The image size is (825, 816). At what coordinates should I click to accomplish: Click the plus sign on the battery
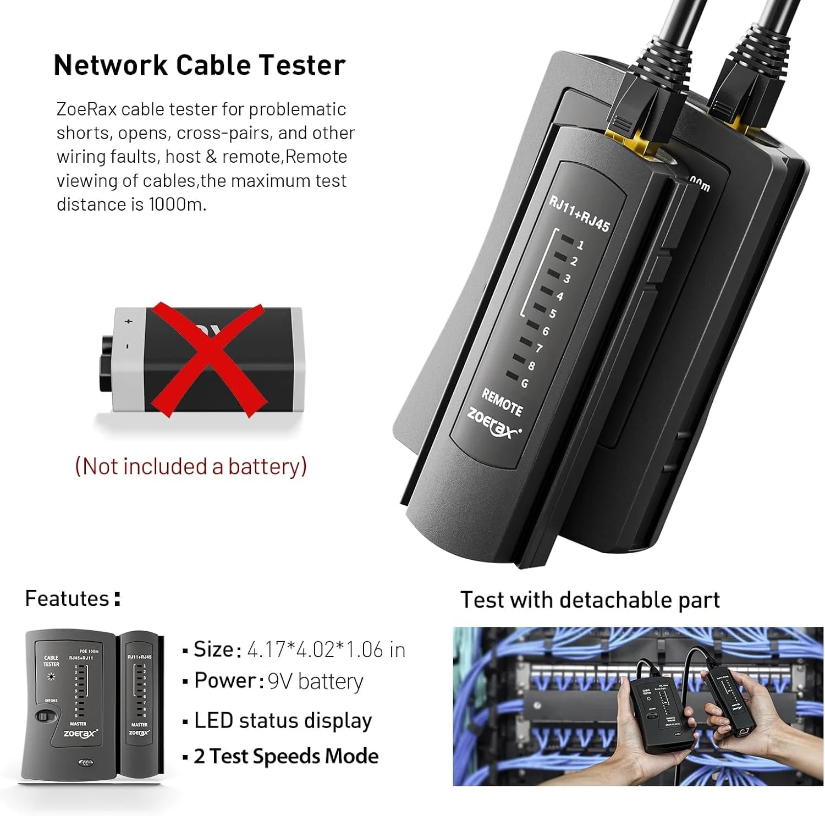(129, 321)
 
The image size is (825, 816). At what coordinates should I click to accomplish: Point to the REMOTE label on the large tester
(502, 402)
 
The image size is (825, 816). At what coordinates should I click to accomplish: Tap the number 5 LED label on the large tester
(552, 313)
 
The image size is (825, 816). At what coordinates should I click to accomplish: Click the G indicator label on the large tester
(524, 383)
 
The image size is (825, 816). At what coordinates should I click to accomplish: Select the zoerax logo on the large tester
(493, 423)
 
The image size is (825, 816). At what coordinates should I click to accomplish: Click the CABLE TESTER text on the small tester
(51, 661)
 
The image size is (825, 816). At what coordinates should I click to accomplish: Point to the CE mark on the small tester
(85, 763)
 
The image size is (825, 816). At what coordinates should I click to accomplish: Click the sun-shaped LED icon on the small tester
(52, 677)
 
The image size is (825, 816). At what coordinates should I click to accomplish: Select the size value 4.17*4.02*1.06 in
(326, 650)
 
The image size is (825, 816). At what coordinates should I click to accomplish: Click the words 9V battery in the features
(315, 682)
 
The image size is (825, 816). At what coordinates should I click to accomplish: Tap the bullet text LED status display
(283, 720)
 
